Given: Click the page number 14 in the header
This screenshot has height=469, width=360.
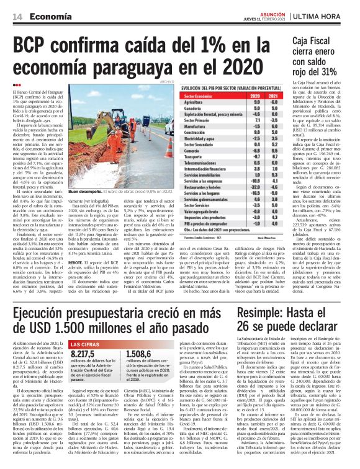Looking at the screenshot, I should pyautogui.click(x=15, y=17).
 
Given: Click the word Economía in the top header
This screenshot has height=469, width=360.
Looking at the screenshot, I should pyautogui.click(x=48, y=17).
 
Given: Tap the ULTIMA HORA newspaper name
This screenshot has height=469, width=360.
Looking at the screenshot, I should pyautogui.click(x=324, y=16).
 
